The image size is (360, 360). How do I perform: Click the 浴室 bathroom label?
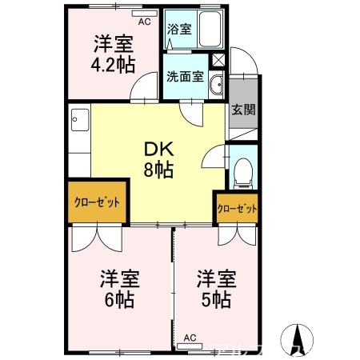click(x=179, y=30)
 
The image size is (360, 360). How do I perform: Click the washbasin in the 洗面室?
click(x=215, y=86)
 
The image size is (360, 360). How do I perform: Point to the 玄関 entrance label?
click(x=243, y=110)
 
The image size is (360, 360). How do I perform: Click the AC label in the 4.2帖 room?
click(x=144, y=22)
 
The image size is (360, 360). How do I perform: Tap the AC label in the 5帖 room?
click(x=190, y=337)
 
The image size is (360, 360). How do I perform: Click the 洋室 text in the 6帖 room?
click(x=119, y=279)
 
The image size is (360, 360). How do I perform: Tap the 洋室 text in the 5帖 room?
click(x=216, y=279)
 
